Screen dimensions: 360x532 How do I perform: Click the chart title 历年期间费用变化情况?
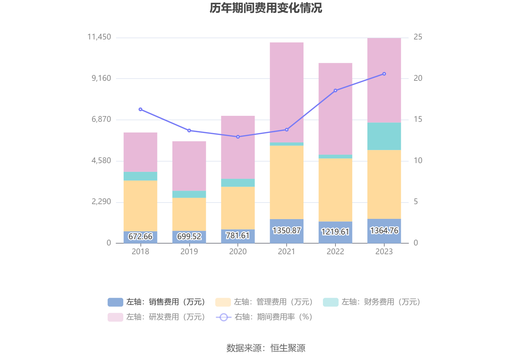point(266,8)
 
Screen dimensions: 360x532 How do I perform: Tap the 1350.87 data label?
point(286,231)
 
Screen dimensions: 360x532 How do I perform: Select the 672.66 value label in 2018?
point(140,236)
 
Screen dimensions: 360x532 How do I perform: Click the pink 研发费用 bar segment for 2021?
point(286,92)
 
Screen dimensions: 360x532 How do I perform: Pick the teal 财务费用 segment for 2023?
point(384,136)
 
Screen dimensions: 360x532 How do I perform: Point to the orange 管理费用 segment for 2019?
point(189,214)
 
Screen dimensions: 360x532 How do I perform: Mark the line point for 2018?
point(140,109)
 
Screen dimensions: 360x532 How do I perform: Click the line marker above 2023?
point(384,74)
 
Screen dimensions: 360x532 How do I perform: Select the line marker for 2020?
point(238,137)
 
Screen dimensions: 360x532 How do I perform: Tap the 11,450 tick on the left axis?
point(99,37)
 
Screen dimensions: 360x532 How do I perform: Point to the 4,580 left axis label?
point(101,161)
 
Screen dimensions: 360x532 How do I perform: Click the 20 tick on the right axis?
point(418,78)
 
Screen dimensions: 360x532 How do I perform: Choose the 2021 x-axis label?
point(286,251)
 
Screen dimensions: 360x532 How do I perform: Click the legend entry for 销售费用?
point(156,302)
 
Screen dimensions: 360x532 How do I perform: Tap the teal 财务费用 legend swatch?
point(330,302)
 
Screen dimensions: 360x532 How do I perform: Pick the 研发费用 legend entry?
point(156,317)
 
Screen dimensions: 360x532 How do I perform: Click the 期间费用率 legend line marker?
point(223,317)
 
